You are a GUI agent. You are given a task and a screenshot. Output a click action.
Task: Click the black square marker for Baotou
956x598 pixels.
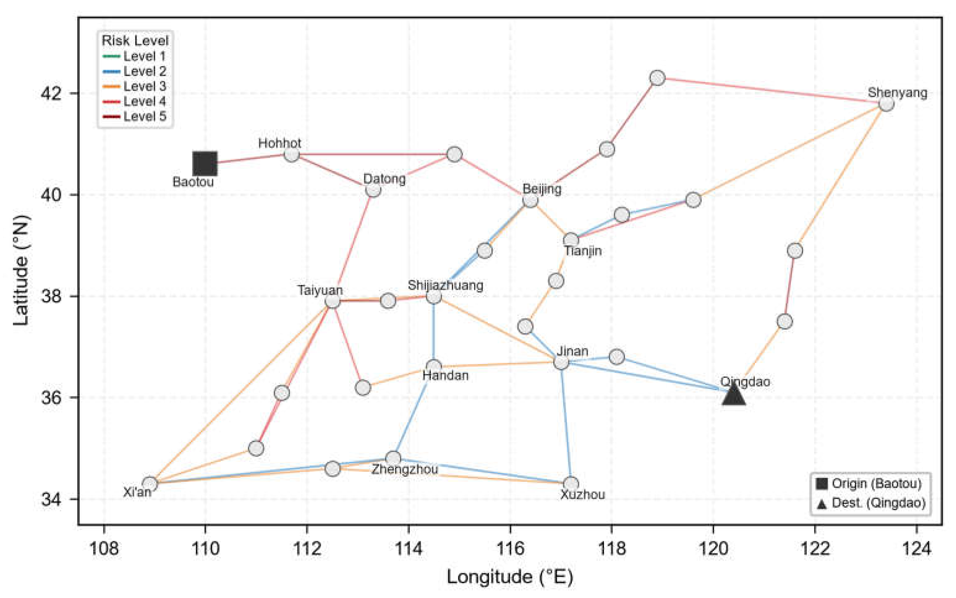pos(205,163)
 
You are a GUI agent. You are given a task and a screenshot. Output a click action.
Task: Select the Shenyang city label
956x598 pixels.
pos(897,93)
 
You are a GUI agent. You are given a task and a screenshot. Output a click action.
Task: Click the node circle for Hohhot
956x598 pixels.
pos(292,154)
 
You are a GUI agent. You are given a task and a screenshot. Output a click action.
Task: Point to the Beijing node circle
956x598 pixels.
pos(530,200)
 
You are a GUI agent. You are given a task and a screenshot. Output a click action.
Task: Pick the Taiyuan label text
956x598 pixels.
pos(320,290)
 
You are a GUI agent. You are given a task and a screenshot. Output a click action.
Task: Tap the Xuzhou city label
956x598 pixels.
pos(583,494)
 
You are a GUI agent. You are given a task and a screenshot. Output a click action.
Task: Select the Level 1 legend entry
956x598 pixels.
pos(134,56)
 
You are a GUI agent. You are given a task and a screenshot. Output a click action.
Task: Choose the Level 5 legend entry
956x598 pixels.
pos(134,116)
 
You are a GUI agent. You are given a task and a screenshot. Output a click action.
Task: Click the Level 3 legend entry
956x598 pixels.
pos(134,86)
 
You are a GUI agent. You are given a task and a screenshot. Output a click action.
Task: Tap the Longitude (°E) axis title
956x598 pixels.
pos(510,577)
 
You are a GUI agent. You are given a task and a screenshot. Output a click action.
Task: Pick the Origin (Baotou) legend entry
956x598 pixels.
pos(869,483)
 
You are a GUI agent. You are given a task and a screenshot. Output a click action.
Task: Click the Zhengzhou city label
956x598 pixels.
pos(405,469)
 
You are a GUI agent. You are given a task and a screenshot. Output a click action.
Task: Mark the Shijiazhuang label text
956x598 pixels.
pos(445,285)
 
